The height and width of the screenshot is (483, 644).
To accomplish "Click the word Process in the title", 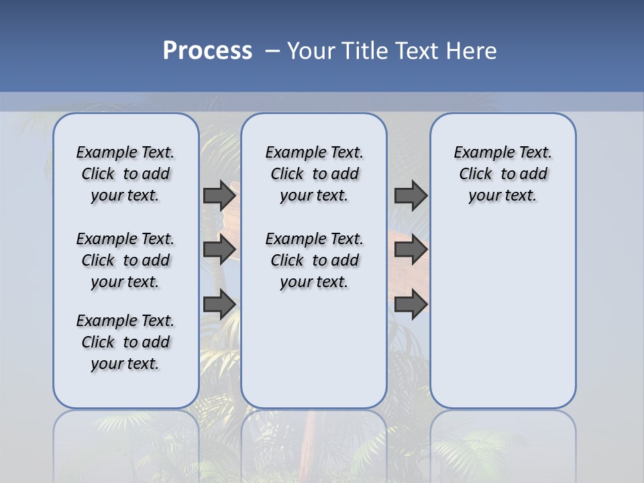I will (x=207, y=51).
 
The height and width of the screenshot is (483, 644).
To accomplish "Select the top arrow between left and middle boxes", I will (x=219, y=195).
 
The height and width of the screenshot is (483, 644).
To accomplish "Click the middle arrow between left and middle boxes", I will (x=219, y=250).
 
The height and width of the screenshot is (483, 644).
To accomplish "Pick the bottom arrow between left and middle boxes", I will (x=219, y=304).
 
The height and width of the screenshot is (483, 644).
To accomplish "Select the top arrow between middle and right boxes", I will (x=411, y=195).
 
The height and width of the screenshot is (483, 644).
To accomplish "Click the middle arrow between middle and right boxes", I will (x=411, y=250).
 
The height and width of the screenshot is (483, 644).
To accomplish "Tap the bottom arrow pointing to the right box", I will (x=411, y=304).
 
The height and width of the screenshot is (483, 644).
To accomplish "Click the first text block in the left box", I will (x=125, y=174).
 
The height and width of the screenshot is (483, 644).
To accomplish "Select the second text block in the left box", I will (x=125, y=260).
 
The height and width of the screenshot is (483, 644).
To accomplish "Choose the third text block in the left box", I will (x=125, y=342).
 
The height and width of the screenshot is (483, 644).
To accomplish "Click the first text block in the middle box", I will (x=314, y=174).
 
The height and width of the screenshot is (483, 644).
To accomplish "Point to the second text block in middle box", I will (x=314, y=260).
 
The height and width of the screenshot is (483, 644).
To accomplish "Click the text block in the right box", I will (x=502, y=174).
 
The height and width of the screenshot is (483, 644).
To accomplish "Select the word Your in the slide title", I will (x=312, y=51).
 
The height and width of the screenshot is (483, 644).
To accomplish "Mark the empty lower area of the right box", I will (x=502, y=315).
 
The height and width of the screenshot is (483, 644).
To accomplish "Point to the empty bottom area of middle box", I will (x=314, y=356).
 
